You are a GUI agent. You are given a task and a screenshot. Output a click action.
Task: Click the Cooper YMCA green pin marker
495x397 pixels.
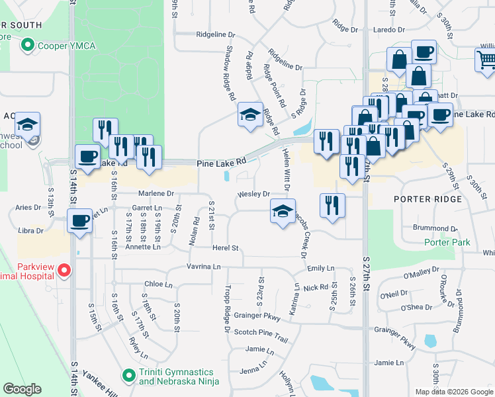(27, 46)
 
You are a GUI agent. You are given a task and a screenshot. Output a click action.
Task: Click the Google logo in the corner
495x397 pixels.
(22, 388)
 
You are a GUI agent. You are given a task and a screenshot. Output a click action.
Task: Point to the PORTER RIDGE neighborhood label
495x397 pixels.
(426, 198)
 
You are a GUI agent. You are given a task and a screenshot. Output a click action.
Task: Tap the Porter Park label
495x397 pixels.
(447, 242)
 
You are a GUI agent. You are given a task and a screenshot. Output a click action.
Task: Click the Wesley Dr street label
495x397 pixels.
(254, 195)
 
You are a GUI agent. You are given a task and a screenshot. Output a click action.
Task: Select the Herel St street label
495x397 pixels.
(224, 247)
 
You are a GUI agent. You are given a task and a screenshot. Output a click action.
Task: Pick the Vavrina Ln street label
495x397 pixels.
(204, 267)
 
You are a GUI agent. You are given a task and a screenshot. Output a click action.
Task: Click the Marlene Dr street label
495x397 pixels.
(156, 194)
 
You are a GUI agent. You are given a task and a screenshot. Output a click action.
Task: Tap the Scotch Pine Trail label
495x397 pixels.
(261, 334)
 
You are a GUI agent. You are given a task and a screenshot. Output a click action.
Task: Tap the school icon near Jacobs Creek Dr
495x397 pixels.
(283, 212)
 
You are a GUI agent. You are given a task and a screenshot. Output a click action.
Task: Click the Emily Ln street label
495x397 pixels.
(320, 268)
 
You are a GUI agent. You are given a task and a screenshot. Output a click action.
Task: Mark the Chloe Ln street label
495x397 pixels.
(157, 285)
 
